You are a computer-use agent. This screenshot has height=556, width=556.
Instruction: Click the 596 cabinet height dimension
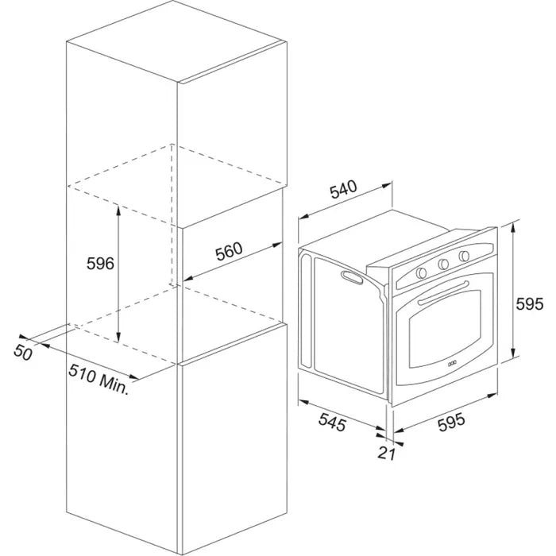click(x=100, y=264)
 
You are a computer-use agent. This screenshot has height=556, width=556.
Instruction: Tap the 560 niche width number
click(x=229, y=251)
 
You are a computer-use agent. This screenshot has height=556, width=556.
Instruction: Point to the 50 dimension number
click(x=23, y=353)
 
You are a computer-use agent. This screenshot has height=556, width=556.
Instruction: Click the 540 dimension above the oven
click(x=343, y=189)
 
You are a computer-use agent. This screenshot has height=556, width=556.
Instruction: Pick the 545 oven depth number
click(x=332, y=422)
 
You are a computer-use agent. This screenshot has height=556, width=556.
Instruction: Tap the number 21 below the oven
click(x=386, y=453)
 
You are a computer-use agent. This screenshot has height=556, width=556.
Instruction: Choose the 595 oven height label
click(x=529, y=304)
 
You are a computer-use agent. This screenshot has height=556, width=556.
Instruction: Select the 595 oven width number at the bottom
click(x=451, y=423)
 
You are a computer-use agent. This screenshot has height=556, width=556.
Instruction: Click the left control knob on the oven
click(x=421, y=272)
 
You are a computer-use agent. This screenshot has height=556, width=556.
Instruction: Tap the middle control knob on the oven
click(x=443, y=264)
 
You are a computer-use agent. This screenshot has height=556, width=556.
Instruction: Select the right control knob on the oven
click(x=464, y=256)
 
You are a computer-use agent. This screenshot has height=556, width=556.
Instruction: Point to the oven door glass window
click(x=445, y=329)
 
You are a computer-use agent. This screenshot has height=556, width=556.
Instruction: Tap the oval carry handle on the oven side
click(x=352, y=277)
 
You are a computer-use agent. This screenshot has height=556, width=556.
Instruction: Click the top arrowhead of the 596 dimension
click(x=118, y=210)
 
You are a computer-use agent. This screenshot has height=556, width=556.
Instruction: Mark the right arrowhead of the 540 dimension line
click(x=387, y=185)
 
